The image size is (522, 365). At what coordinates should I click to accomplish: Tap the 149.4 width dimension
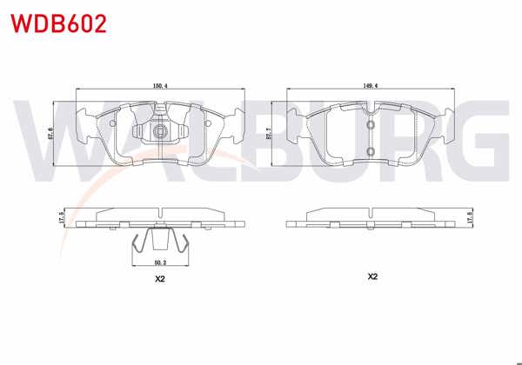[x=371, y=85]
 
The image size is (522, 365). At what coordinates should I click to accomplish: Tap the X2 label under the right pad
[x=371, y=276]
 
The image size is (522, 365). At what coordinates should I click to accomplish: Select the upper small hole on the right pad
[x=371, y=124]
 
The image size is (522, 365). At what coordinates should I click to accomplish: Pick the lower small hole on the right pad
[x=371, y=154]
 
